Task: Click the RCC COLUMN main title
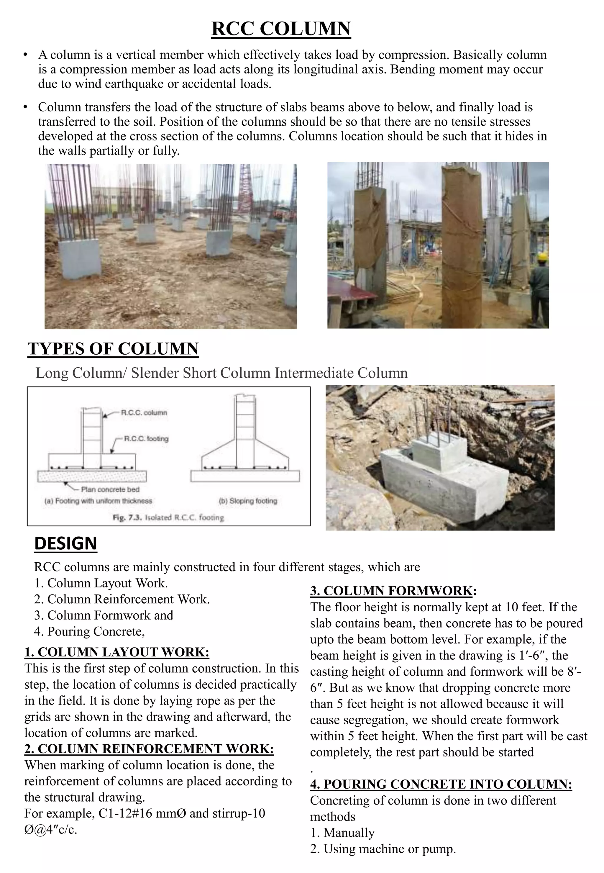click(x=281, y=29)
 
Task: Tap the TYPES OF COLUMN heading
click(x=113, y=349)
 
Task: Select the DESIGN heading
click(x=65, y=543)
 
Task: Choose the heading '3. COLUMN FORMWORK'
click(x=391, y=591)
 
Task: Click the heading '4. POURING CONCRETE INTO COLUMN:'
click(x=441, y=784)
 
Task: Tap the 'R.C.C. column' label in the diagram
click(x=144, y=413)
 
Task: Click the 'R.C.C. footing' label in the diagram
click(x=147, y=439)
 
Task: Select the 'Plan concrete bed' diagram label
click(x=110, y=489)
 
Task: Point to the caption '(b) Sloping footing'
click(x=248, y=501)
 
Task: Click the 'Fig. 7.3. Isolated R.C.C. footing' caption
click(x=168, y=517)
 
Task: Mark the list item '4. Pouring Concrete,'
click(x=90, y=631)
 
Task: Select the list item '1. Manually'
click(x=342, y=833)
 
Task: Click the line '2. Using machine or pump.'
click(x=383, y=849)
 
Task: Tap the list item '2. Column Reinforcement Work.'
click(x=122, y=599)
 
